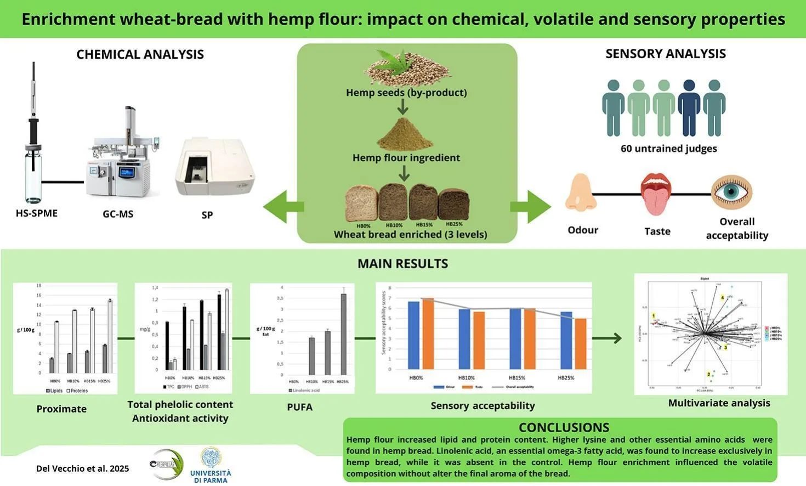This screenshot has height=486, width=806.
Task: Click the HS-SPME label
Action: tap(37, 213)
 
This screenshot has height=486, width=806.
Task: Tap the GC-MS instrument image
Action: tap(123, 159)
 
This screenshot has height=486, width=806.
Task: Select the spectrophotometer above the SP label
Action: tap(214, 167)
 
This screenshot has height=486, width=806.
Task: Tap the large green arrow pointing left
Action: tap(283, 207)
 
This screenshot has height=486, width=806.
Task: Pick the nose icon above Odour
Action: tap(581, 193)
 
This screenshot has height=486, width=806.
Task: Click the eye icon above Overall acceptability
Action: tap(731, 192)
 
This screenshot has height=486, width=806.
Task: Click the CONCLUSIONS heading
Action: tap(564, 427)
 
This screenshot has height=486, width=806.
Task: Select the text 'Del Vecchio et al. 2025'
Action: tap(83, 468)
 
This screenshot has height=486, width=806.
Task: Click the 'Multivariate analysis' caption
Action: tap(719, 403)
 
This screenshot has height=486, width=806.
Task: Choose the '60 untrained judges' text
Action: tap(668, 149)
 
